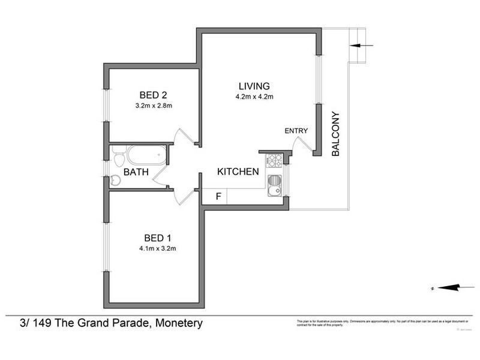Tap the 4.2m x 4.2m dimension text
254,97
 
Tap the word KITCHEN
238,172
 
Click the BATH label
136,172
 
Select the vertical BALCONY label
335,134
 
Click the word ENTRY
296,131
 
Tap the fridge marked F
218,196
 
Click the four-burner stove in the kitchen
274,160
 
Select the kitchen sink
274,186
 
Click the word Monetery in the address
179,323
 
